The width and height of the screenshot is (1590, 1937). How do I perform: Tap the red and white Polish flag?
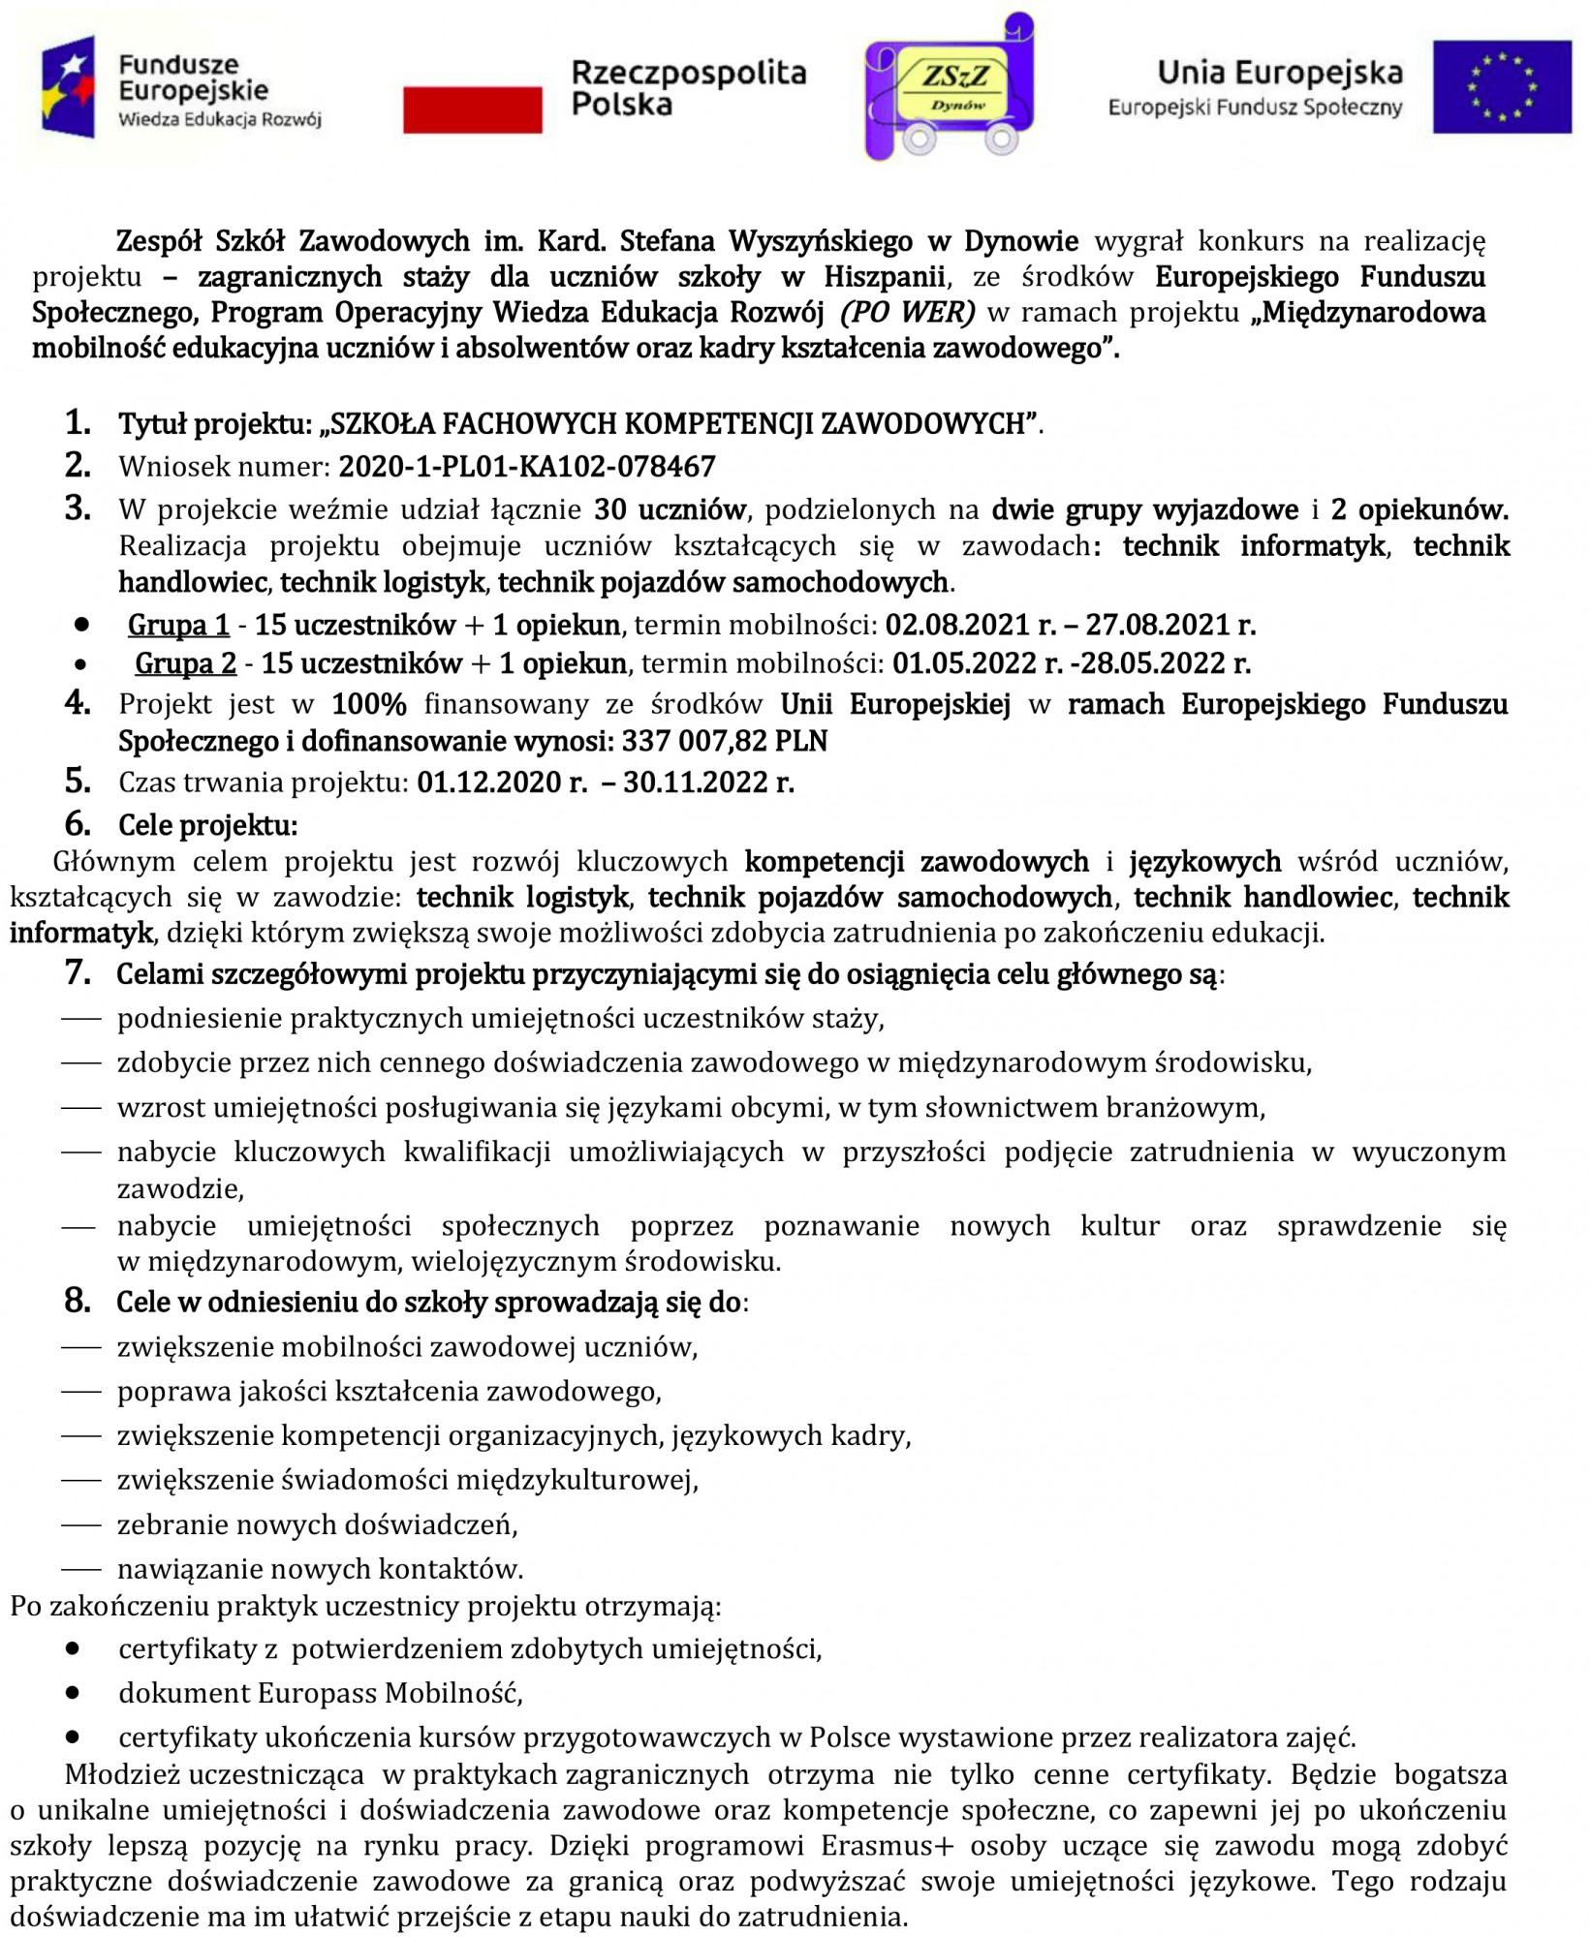pos(472,108)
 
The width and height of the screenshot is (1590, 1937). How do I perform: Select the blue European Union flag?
pos(1501,86)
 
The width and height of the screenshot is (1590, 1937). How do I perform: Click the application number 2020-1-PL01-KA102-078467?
pos(526,467)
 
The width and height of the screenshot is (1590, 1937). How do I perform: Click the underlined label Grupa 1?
pos(178,625)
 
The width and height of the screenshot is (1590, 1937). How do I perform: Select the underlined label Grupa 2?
pos(185,663)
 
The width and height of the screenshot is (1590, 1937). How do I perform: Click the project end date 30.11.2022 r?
pos(708,782)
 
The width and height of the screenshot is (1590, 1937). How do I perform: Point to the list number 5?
pos(78,781)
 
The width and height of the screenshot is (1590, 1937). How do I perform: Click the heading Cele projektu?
pos(207,825)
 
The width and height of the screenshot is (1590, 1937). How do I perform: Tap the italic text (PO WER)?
pos(908,312)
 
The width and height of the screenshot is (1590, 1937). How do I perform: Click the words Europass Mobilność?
pos(390,1693)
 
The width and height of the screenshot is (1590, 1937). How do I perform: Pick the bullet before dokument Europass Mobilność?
pos(73,1693)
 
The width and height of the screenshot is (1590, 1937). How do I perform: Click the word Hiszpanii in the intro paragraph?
pos(884,277)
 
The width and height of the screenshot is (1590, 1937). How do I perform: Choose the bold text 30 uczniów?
pos(670,509)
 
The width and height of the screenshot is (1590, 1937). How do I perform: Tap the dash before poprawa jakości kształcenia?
pos(81,1392)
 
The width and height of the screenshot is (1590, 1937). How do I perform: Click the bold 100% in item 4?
pos(368,704)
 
